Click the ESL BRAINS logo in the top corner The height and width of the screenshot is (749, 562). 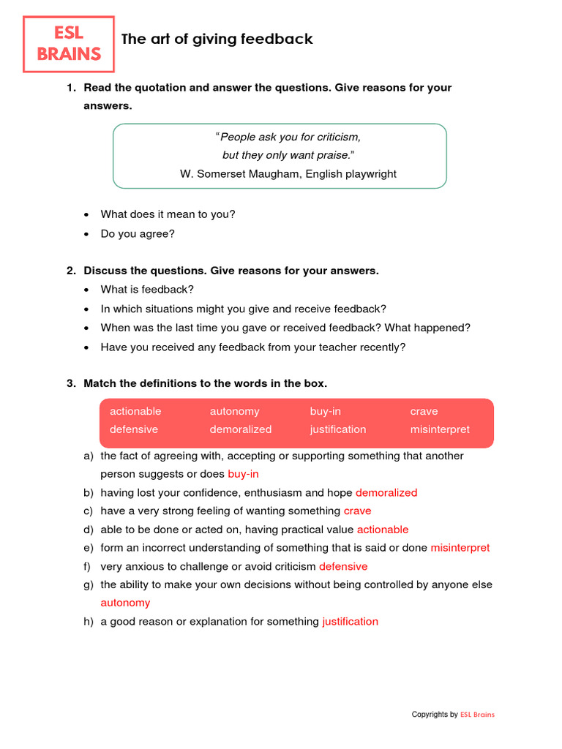tap(69, 44)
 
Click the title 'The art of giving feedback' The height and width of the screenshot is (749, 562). tap(217, 39)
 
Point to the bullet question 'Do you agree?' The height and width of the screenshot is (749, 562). tap(138, 234)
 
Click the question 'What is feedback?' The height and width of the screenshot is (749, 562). tap(147, 290)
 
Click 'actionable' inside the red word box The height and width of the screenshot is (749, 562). tap(135, 411)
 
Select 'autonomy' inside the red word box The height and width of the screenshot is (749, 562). tap(234, 411)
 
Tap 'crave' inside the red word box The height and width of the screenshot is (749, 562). tap(424, 411)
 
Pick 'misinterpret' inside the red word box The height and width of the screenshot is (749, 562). tap(440, 429)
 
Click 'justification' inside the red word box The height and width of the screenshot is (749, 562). tap(338, 429)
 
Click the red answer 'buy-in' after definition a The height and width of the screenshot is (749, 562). tap(243, 474)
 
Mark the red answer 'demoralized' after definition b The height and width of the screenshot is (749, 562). tap(386, 493)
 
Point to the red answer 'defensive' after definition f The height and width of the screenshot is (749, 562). tap(343, 566)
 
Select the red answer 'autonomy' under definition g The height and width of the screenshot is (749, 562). tap(125, 603)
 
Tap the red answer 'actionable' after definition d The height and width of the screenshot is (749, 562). tap(383, 530)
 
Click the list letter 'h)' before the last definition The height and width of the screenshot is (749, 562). tap(89, 622)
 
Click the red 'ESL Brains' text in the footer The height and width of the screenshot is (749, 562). tap(477, 715)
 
